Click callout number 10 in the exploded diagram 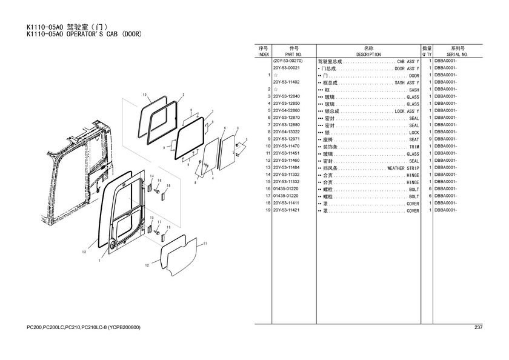click(144, 95)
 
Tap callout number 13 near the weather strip click(84, 252)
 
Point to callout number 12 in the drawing click(147, 265)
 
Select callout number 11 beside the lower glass click(205, 244)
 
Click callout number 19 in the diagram click(168, 227)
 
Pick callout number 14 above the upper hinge click(151, 176)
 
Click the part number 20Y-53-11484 click(286, 167)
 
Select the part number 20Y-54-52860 click(286, 111)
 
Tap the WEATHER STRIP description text click(403, 168)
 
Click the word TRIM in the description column click(414, 147)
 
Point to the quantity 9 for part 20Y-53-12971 click(430, 139)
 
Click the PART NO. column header click(294, 55)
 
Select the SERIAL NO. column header click(457, 55)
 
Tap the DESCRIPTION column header click(368, 55)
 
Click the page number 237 click(479, 327)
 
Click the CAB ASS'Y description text click(408, 61)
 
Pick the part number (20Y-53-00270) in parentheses click(288, 61)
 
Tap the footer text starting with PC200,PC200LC click(84, 327)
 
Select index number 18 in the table click(268, 203)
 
